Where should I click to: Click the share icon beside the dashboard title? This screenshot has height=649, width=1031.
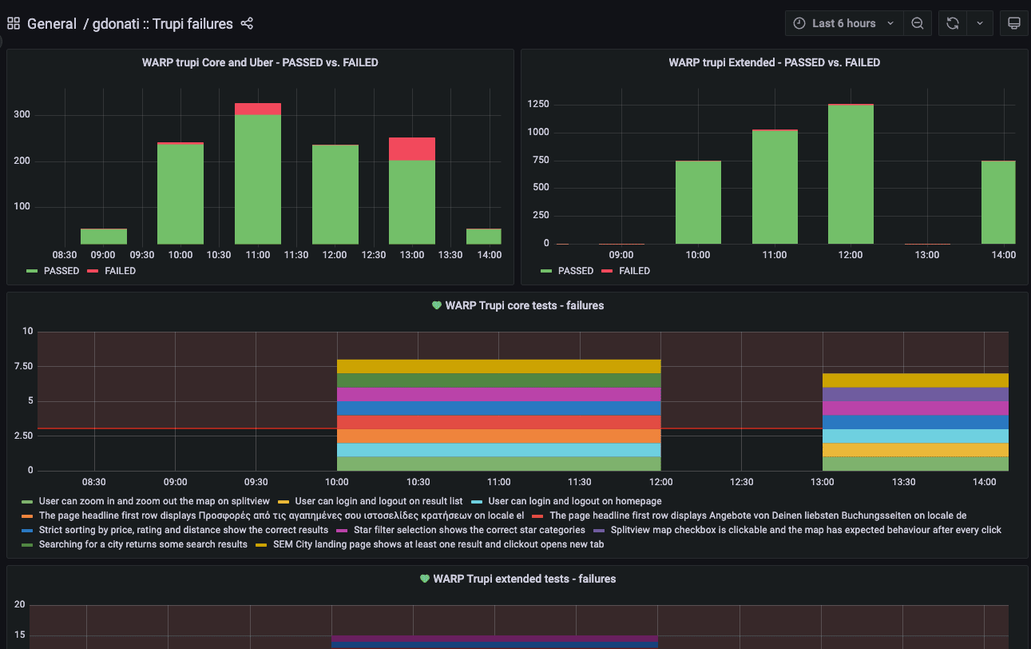point(247,24)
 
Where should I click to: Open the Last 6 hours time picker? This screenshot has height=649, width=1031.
point(845,23)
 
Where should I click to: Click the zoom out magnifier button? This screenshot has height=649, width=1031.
point(918,23)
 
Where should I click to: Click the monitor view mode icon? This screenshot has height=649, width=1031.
point(1014,23)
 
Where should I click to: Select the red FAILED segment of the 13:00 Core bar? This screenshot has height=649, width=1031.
point(412,149)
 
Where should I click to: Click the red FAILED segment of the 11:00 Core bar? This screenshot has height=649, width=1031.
point(257,109)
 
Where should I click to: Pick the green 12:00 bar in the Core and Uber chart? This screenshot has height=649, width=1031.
point(335,194)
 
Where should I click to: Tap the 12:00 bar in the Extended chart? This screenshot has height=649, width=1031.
point(851,174)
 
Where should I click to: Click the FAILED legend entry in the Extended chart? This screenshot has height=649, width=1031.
point(634,271)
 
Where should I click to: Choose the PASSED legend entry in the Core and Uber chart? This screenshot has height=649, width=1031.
point(61,271)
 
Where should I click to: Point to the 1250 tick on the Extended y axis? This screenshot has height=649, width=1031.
point(539,103)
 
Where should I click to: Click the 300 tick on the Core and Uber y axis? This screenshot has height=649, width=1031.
point(22,114)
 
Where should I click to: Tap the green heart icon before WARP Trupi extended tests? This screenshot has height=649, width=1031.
point(425,579)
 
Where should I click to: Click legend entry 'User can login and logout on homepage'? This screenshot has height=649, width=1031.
point(574,501)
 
